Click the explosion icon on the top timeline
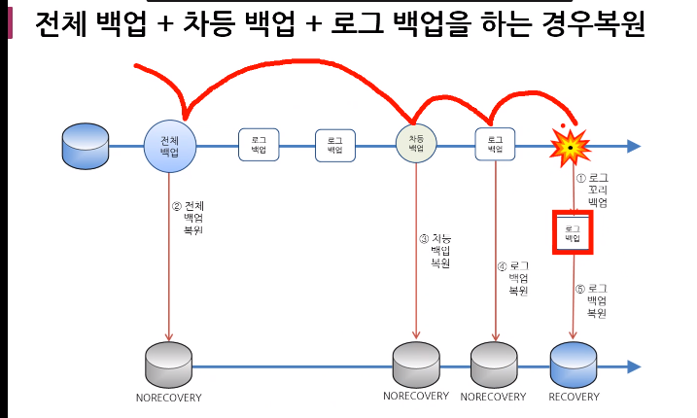pyautogui.click(x=571, y=145)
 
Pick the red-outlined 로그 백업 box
pyautogui.click(x=573, y=232)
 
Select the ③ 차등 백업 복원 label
pyautogui.click(x=435, y=251)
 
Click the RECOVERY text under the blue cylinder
pyautogui.click(x=574, y=397)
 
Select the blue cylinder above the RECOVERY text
pyautogui.click(x=573, y=365)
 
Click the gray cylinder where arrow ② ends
pyautogui.click(x=168, y=365)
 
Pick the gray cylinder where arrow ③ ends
pyautogui.click(x=416, y=365)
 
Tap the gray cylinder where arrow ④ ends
pyautogui.click(x=494, y=365)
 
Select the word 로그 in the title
pyautogui.click(x=365, y=25)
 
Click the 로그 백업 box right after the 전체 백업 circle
pyautogui.click(x=259, y=145)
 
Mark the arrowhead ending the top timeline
pyautogui.click(x=634, y=146)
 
